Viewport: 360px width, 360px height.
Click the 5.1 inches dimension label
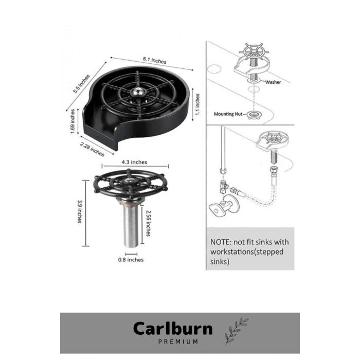(x=154, y=60)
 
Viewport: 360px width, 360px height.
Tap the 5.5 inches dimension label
(x=81, y=84)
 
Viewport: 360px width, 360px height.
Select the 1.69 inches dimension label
(x=73, y=121)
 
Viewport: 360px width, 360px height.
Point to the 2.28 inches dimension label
(x=92, y=149)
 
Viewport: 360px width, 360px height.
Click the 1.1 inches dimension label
(x=197, y=104)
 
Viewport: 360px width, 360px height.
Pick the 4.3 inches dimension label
(x=134, y=162)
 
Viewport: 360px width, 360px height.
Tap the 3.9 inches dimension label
(x=79, y=211)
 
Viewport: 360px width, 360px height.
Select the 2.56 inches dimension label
(x=148, y=223)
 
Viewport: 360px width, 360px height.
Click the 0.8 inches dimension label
(x=131, y=260)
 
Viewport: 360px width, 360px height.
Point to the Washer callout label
(x=273, y=82)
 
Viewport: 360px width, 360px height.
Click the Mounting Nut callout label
(x=228, y=114)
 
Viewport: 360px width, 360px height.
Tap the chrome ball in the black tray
(x=137, y=92)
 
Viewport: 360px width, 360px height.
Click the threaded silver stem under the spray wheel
(x=131, y=226)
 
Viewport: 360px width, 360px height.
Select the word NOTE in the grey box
(x=221, y=242)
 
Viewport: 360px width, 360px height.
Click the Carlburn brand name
(x=173, y=329)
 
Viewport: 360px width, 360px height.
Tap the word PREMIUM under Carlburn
(x=178, y=342)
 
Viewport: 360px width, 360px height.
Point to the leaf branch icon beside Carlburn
(x=236, y=331)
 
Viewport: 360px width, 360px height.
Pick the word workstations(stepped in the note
(x=247, y=252)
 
